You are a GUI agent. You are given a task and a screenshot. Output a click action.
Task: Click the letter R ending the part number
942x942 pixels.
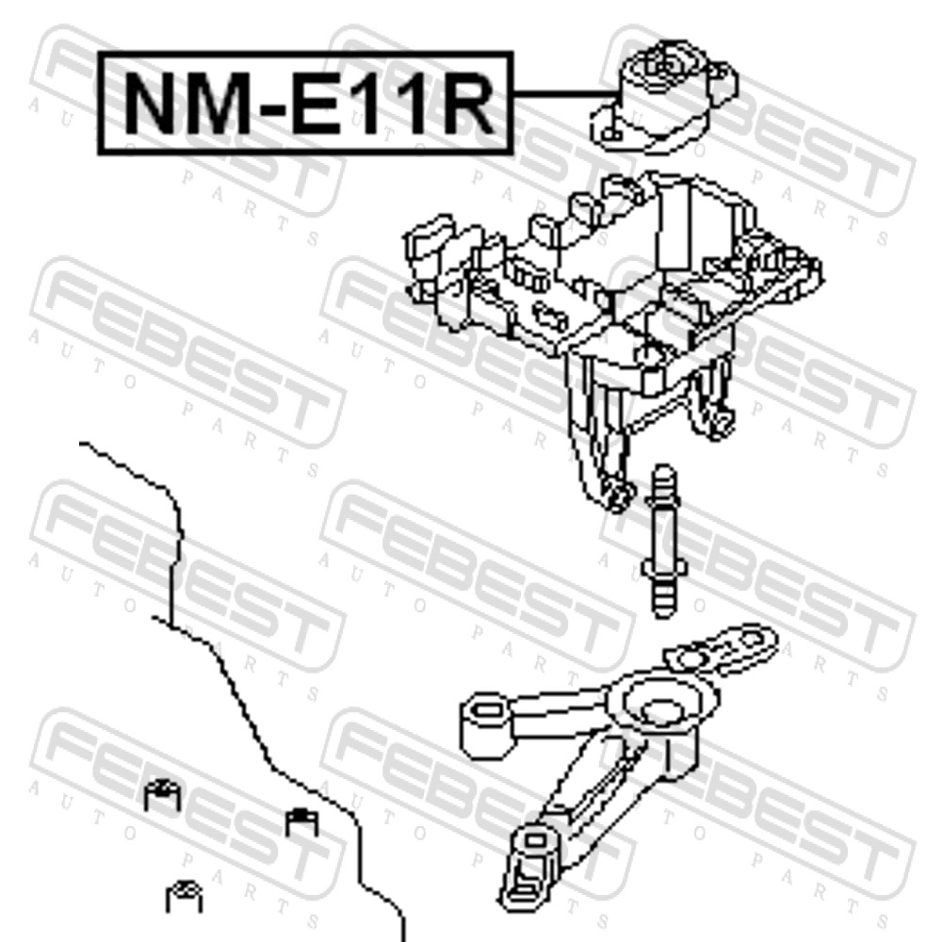click(466, 104)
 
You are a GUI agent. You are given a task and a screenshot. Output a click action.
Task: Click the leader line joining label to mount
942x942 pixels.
click(564, 94)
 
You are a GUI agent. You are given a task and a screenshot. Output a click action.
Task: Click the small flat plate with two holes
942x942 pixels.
click(721, 648)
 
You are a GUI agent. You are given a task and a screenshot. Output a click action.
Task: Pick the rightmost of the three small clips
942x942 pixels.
click(301, 821)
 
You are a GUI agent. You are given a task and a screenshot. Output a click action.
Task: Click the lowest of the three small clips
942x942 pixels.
click(184, 897)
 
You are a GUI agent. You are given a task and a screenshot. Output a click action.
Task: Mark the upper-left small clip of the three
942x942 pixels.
click(162, 794)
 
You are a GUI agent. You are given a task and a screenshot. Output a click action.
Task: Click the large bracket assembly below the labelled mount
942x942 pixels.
click(613, 336)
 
